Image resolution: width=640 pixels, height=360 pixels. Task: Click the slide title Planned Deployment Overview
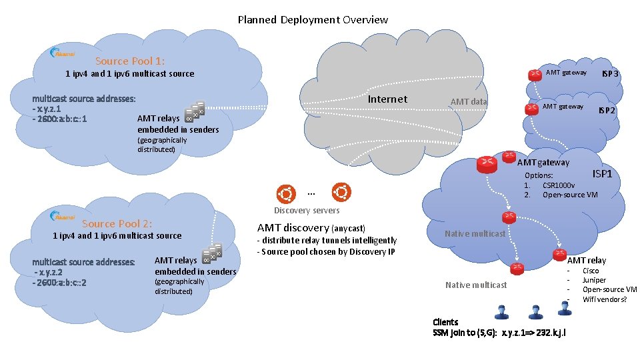[313, 19]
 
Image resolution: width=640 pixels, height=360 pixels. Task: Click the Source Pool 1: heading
[130, 61]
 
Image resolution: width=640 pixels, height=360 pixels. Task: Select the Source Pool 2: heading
[117, 223]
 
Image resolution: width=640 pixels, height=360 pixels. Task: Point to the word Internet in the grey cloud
[387, 99]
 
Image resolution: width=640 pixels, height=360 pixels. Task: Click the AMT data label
[469, 102]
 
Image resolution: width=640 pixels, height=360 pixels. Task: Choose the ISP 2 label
[606, 110]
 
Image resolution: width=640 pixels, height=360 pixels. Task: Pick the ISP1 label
[602, 173]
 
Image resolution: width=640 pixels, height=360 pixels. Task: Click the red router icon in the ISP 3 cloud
[535, 75]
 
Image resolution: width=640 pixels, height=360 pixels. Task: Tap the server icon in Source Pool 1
[194, 112]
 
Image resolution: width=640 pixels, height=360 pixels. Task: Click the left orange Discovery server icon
[286, 193]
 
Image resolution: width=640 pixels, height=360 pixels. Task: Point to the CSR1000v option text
[559, 185]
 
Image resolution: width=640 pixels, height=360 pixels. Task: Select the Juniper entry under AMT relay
[594, 280]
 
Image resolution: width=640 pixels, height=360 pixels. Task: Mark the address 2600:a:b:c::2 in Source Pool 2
[59, 282]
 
